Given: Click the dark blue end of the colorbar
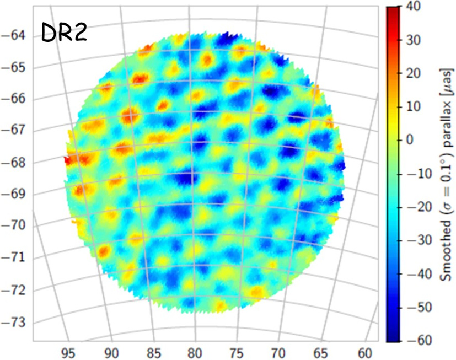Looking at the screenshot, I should tap(391, 336).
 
